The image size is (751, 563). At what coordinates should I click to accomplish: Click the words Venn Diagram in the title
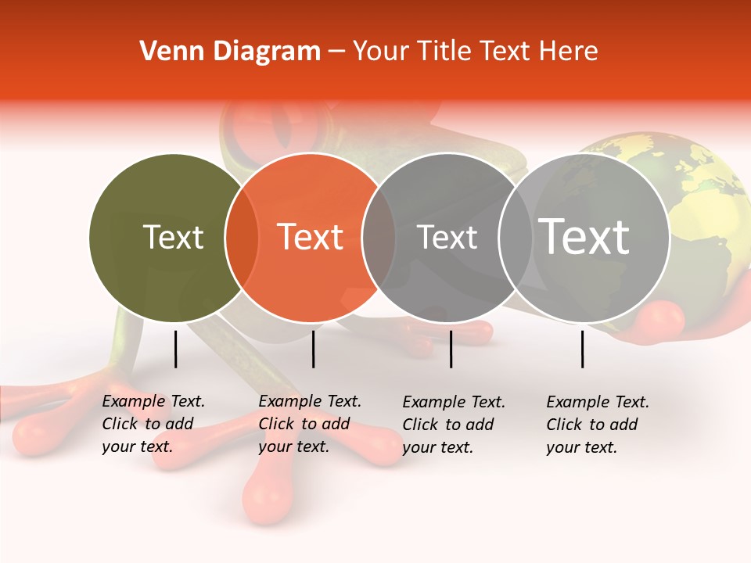[x=229, y=52]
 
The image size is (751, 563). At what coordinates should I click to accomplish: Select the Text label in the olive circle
[x=173, y=237]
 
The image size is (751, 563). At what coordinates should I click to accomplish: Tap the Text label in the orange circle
[x=311, y=237]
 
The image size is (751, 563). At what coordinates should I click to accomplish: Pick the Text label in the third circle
[x=447, y=237]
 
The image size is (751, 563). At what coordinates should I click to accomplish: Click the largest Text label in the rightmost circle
[x=584, y=237]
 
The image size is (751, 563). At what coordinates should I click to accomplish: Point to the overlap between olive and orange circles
[x=242, y=238]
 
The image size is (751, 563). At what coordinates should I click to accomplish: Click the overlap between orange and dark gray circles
[x=379, y=238]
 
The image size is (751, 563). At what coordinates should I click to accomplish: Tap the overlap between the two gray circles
[x=514, y=238]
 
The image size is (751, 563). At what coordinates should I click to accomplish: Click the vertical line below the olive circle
[x=176, y=349]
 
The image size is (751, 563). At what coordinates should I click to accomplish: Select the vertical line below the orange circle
[x=313, y=349]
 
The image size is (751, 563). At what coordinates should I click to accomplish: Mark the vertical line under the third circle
[x=451, y=349]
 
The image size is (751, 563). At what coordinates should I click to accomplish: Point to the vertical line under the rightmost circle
[x=583, y=349]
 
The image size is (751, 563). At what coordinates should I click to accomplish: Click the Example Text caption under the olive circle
[x=153, y=424]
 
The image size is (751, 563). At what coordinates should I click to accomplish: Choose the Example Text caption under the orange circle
[x=309, y=424]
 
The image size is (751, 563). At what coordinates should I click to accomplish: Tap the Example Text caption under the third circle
[x=453, y=425]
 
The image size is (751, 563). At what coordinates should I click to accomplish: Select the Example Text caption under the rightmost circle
[x=597, y=425]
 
